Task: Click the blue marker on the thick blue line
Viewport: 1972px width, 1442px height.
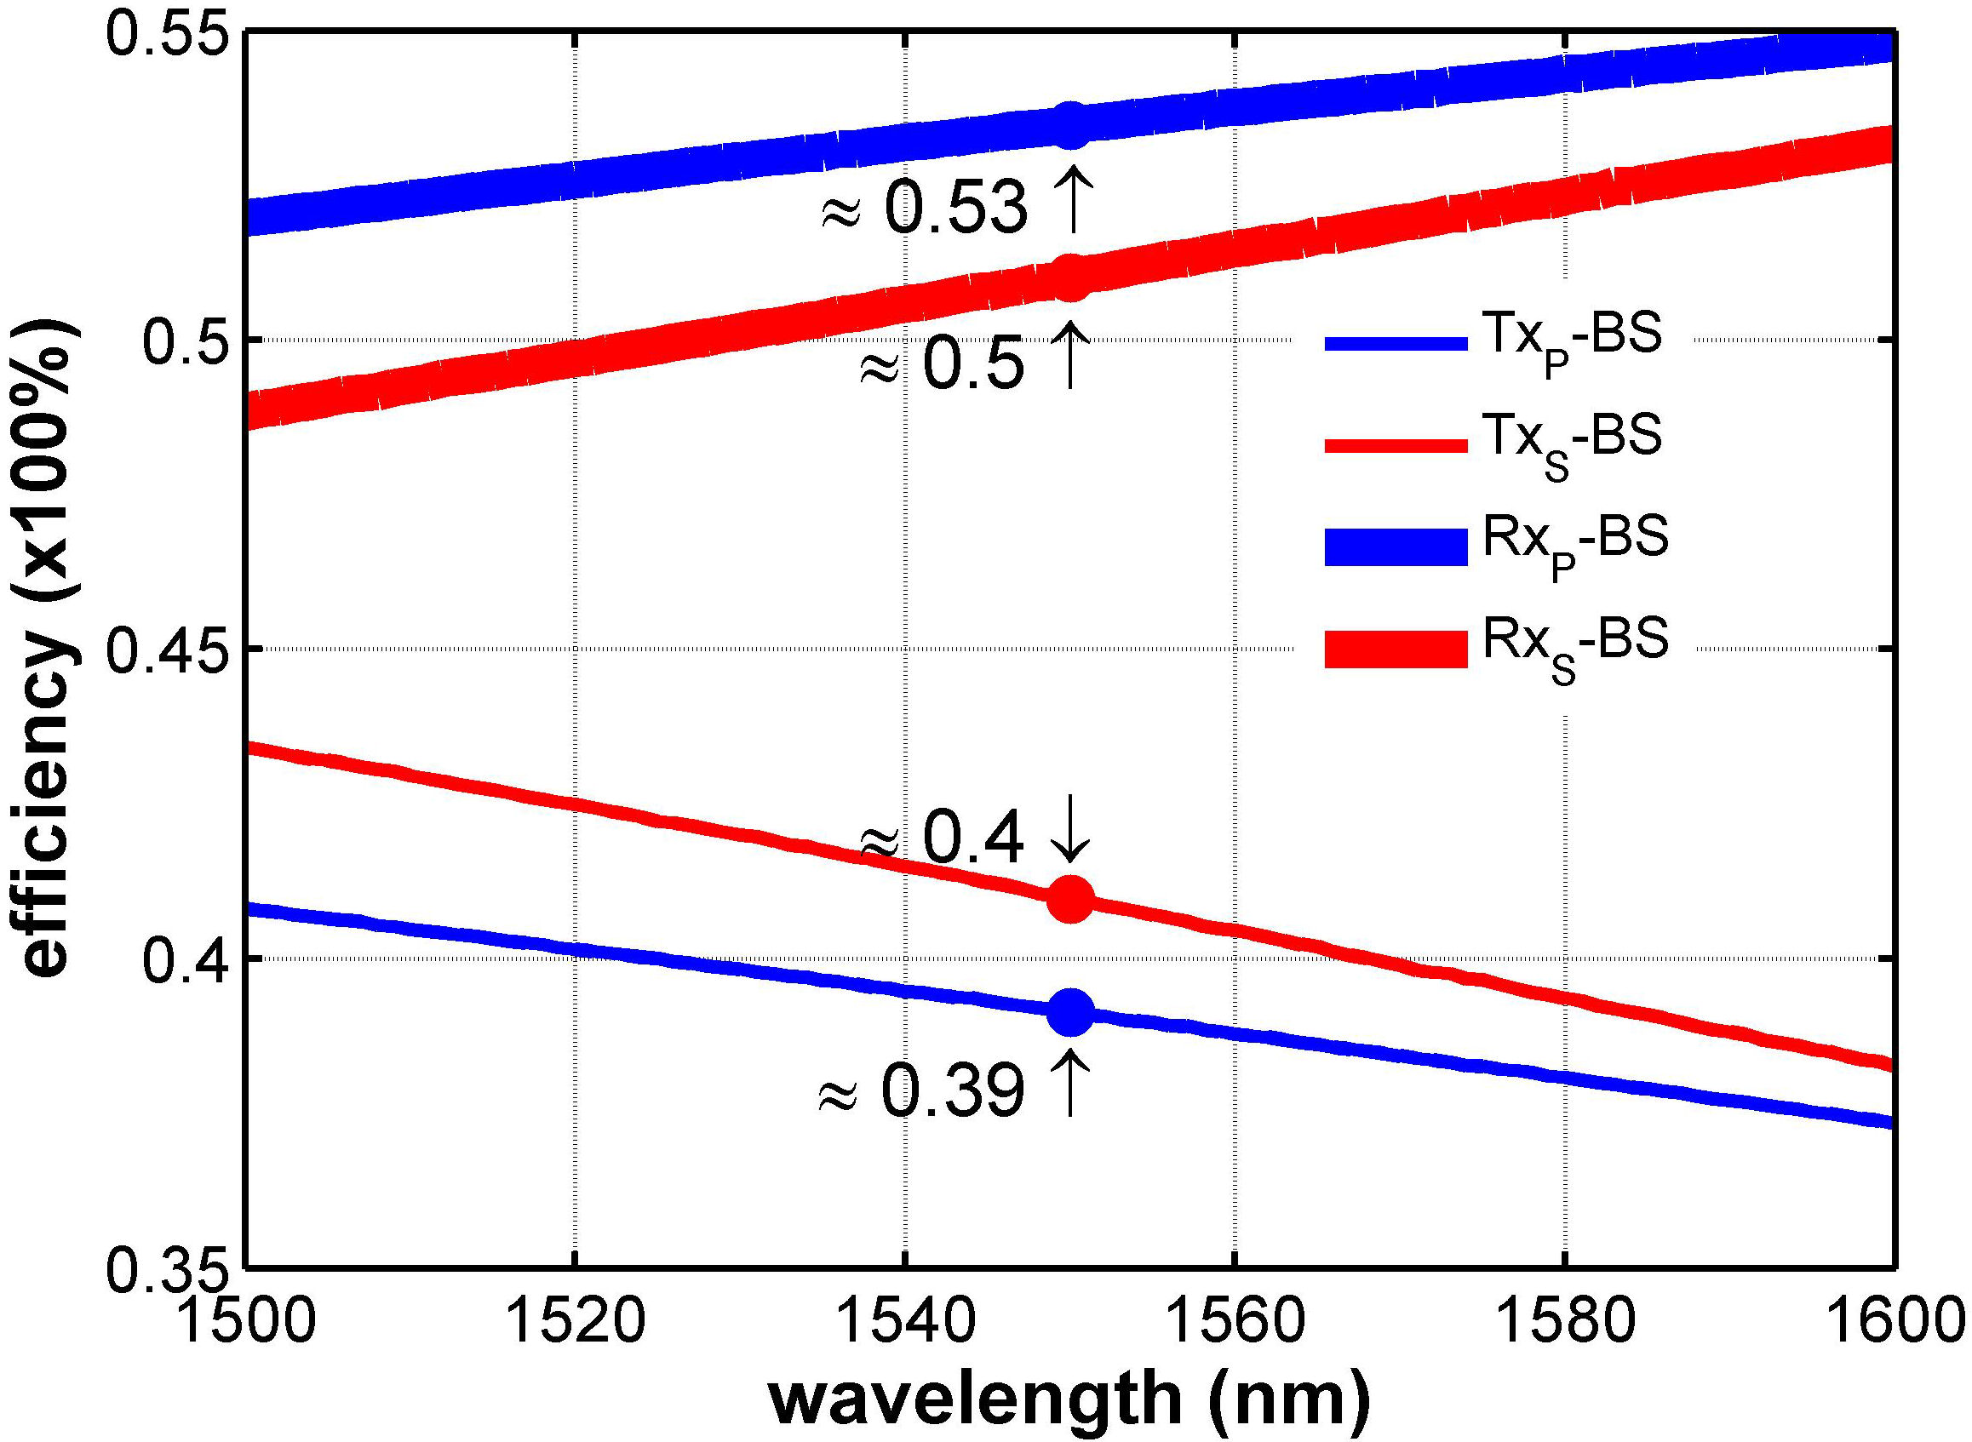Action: [x=1070, y=126]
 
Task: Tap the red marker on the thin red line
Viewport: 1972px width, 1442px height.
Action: [x=1070, y=899]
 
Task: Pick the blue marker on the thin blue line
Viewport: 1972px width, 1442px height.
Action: [x=1070, y=1011]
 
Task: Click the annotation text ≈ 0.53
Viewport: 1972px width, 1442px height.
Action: [x=926, y=209]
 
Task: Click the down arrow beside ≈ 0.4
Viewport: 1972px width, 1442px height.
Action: [x=1070, y=836]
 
